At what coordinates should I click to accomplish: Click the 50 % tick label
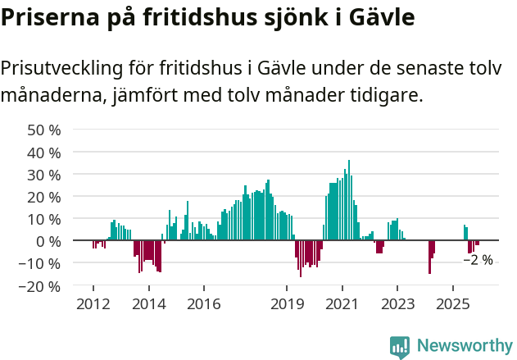(44, 130)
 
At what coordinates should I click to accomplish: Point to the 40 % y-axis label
(44, 153)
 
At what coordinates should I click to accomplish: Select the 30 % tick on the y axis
(44, 175)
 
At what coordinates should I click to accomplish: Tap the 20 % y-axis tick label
(44, 197)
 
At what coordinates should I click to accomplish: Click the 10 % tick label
(44, 219)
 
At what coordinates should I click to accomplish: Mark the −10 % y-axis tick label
(40, 264)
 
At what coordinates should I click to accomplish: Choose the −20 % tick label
(40, 286)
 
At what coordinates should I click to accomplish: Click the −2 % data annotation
(478, 260)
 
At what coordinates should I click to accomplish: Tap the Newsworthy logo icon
(400, 346)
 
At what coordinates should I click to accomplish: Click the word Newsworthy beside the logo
(465, 346)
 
